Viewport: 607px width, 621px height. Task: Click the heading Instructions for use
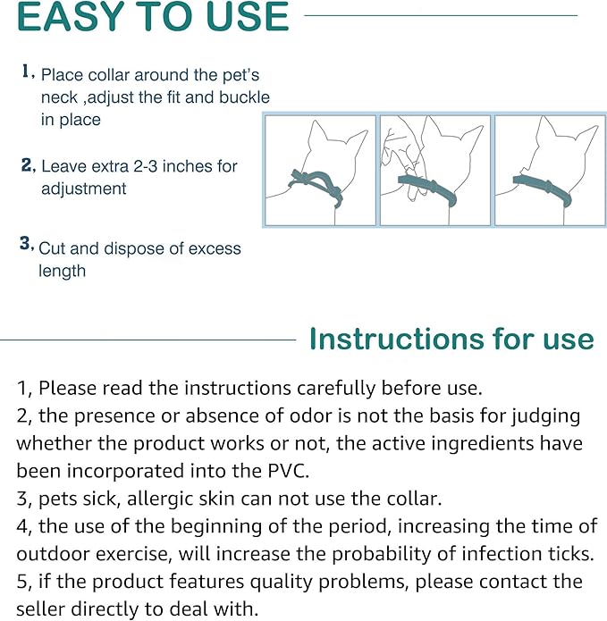pyautogui.click(x=451, y=340)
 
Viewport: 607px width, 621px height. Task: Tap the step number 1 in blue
pyautogui.click(x=27, y=72)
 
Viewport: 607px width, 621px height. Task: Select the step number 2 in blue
pyautogui.click(x=28, y=165)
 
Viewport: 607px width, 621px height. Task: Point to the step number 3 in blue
pyautogui.click(x=27, y=243)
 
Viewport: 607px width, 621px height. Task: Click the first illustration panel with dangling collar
pyautogui.click(x=321, y=170)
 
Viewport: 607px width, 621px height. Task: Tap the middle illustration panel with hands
pyautogui.click(x=434, y=170)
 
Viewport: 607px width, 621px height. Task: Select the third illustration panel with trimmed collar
pyautogui.click(x=549, y=170)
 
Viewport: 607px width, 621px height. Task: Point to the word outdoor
pyautogui.click(x=57, y=553)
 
